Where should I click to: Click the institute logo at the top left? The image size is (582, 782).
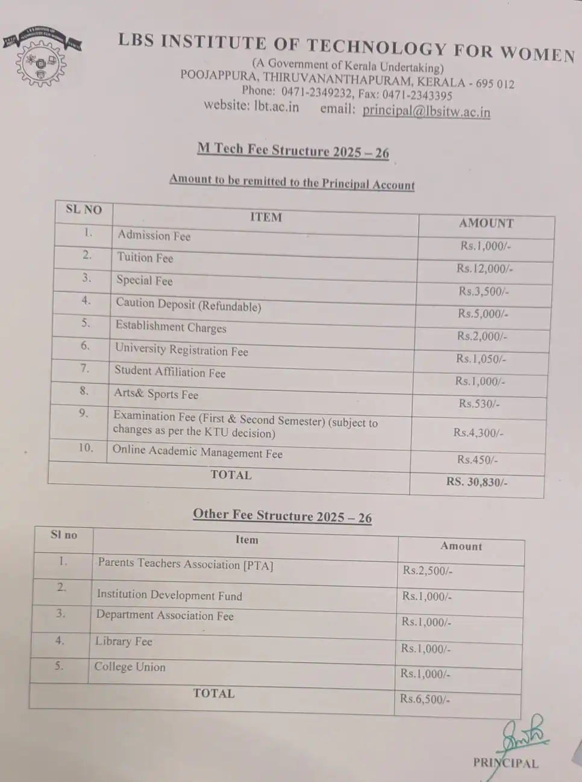[x=40, y=58]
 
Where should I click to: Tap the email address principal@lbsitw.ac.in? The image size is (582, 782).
[x=426, y=111]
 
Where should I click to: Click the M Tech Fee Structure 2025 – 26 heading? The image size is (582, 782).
[x=293, y=150]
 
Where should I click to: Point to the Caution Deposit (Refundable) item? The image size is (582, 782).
[x=188, y=305]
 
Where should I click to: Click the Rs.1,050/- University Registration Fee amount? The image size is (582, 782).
[x=481, y=359]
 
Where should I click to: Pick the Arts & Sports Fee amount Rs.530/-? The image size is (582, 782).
[x=479, y=403]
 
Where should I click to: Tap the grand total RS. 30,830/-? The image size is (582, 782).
[x=477, y=482]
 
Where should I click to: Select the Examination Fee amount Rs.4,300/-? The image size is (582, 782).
[x=478, y=432]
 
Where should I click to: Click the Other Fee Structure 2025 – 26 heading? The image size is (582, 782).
[x=282, y=516]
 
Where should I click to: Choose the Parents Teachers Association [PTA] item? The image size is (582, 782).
[x=185, y=564]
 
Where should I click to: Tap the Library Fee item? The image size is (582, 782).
[x=124, y=641]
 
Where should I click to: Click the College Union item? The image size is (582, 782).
[x=130, y=666]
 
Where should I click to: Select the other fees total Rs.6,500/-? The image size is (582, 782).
[x=425, y=699]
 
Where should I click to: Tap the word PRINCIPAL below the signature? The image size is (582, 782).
[x=505, y=763]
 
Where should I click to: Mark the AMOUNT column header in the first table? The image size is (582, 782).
[x=486, y=223]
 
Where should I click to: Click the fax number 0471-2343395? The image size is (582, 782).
[x=417, y=95]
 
